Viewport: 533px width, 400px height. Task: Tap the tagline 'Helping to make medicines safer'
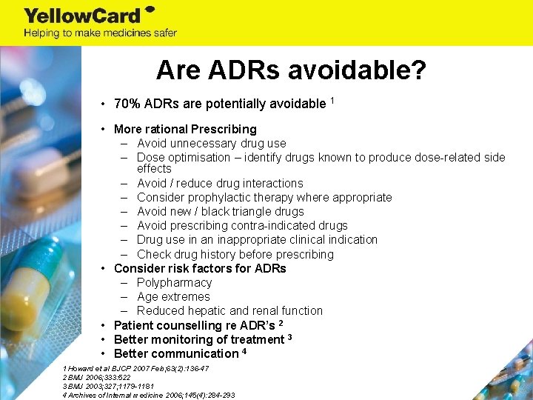coord(100,33)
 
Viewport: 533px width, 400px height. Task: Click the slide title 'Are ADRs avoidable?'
coord(291,70)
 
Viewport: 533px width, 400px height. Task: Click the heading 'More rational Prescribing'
coord(185,129)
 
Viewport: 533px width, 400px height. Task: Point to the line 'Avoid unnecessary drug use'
coord(211,143)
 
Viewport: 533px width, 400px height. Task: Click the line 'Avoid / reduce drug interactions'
coord(220,183)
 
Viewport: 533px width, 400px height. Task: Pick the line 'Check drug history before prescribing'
coord(235,254)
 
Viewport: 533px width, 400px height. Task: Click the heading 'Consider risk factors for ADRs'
coord(200,268)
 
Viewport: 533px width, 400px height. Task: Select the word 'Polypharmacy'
coord(174,282)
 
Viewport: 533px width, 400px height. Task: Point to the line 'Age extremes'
coord(173,296)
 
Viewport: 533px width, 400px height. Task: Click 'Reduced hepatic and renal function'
coord(229,310)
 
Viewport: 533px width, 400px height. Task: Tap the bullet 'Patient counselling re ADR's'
coord(195,325)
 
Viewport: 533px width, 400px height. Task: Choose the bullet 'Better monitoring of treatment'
coord(199,339)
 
